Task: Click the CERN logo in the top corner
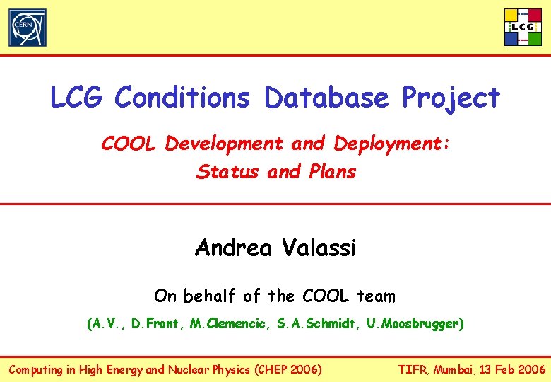[28, 28]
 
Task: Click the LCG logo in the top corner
[523, 27]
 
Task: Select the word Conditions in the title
[182, 98]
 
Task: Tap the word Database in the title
[327, 98]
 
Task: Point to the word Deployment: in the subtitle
[392, 144]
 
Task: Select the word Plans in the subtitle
[333, 172]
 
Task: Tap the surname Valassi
[319, 248]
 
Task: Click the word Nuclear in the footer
[189, 369]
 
